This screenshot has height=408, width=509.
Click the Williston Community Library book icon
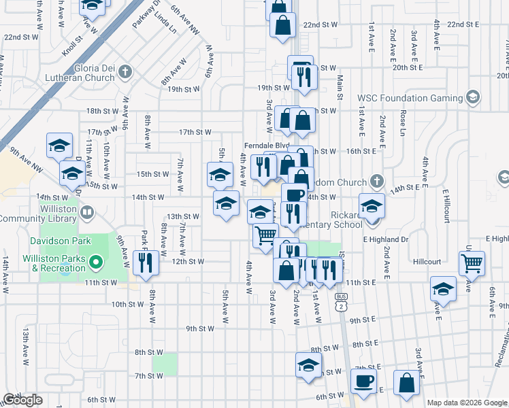(86, 213)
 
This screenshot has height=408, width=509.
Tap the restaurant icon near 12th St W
(145, 262)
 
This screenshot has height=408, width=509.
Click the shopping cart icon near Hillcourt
(471, 262)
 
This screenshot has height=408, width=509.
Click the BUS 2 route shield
(342, 304)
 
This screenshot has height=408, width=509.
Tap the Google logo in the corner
(22, 400)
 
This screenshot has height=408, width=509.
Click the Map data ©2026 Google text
(467, 403)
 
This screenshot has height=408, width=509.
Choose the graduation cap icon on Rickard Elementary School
(372, 205)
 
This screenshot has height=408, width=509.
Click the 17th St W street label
(195, 132)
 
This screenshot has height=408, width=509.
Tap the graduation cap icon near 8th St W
(308, 365)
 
